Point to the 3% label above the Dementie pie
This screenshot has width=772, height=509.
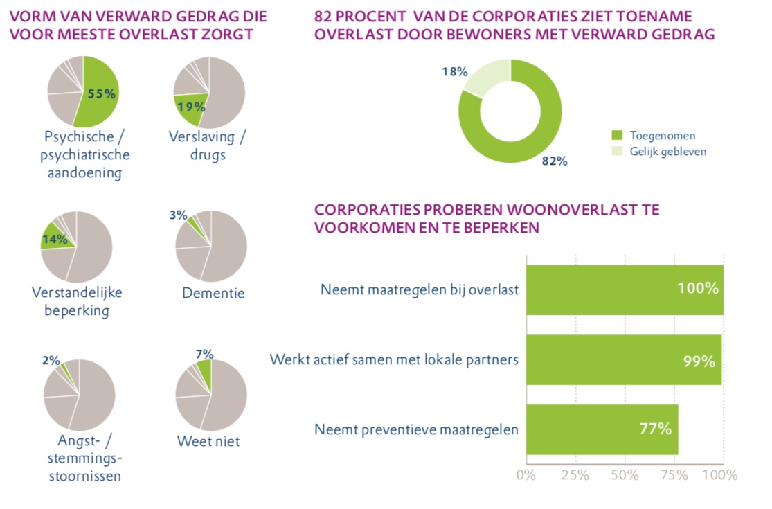pyautogui.click(x=178, y=215)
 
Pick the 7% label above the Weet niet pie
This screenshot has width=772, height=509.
pyautogui.click(x=204, y=354)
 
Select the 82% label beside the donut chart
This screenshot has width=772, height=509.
pyautogui.click(x=555, y=161)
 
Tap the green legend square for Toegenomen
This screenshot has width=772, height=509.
pyautogui.click(x=617, y=136)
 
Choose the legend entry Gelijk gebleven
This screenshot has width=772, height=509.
pyautogui.click(x=667, y=152)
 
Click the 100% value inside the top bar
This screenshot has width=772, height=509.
pyautogui.click(x=697, y=289)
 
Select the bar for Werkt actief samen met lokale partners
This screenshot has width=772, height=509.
pyautogui.click(x=623, y=360)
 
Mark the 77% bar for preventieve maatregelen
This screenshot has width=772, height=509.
pyautogui.click(x=602, y=429)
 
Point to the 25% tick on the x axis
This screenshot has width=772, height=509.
pyautogui.click(x=575, y=475)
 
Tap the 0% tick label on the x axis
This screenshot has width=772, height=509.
pyautogui.click(x=526, y=475)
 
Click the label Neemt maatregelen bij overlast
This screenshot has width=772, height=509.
pyautogui.click(x=420, y=289)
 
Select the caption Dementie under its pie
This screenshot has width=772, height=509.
pyautogui.click(x=213, y=293)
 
